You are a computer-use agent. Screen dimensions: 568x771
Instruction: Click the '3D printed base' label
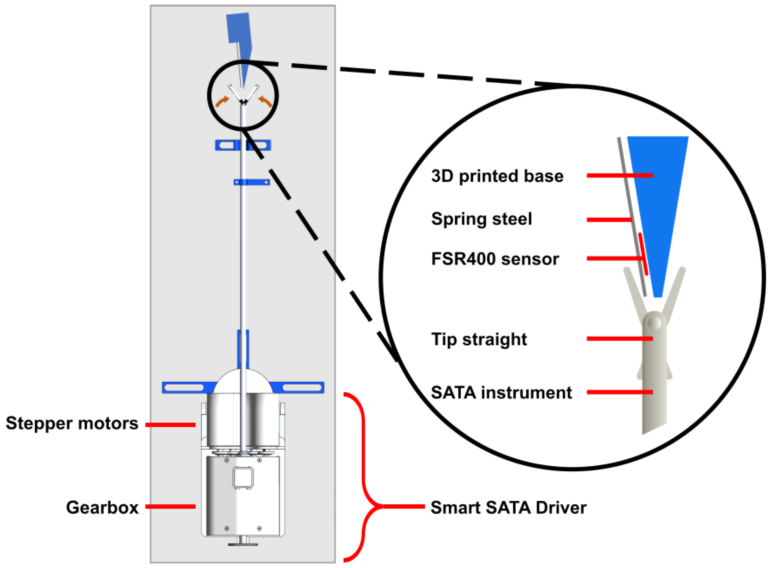[x=497, y=176]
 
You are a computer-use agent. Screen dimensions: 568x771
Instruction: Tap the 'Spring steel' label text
[x=481, y=219]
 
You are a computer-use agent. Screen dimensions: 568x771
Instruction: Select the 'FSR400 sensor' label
[x=494, y=259]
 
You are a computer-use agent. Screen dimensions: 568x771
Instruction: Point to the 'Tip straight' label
[x=478, y=339]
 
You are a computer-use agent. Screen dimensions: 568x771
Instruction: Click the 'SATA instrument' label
[x=501, y=393]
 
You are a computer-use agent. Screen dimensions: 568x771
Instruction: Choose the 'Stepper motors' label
[x=72, y=423]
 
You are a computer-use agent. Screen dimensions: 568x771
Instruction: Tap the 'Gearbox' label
[x=102, y=507]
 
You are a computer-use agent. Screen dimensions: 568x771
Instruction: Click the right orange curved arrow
[x=265, y=101]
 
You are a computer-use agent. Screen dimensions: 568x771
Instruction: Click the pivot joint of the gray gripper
[x=654, y=323]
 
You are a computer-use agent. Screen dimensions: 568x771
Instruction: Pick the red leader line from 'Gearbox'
[x=170, y=506]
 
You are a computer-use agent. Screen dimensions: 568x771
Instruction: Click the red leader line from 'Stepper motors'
[x=170, y=425]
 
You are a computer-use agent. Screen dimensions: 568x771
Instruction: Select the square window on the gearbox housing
[x=243, y=477]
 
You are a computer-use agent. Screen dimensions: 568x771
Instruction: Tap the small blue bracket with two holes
[x=251, y=182]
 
